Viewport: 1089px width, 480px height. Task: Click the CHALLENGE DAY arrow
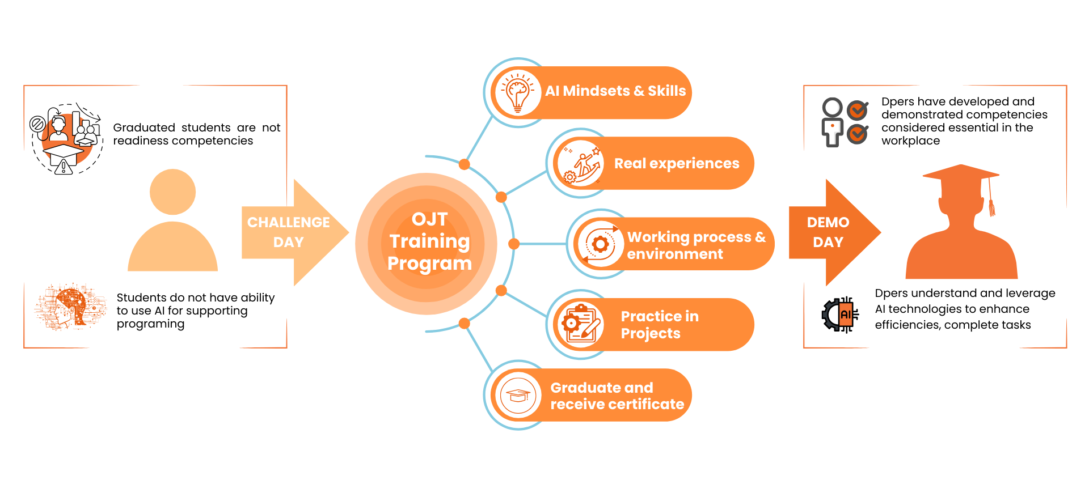[x=289, y=232]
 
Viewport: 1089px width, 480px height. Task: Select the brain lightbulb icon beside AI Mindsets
[x=517, y=92]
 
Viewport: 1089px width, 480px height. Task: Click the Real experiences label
[x=677, y=164]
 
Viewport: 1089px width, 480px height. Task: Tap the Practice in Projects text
[x=659, y=325]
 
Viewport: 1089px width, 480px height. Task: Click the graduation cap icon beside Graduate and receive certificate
[x=517, y=395]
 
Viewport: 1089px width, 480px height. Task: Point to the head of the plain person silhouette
[x=172, y=192]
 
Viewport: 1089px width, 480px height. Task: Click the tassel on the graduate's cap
[x=991, y=207]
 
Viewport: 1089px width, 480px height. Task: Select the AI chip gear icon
[x=840, y=315]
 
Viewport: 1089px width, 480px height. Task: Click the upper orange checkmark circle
[x=858, y=110]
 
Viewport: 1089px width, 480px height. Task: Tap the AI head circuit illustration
[x=70, y=307]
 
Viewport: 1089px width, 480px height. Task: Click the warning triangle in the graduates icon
[x=64, y=167]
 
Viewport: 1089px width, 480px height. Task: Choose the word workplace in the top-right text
[x=910, y=141]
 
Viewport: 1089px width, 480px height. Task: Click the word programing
[x=150, y=324]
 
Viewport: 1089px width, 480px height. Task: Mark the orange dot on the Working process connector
[x=514, y=244]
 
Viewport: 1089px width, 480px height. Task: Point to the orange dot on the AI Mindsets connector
[x=464, y=165]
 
